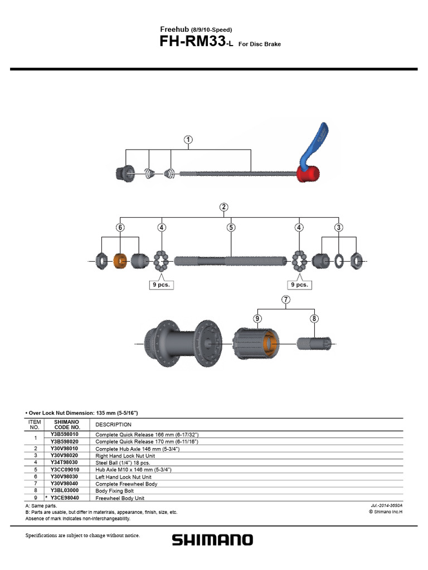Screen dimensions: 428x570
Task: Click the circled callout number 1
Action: pos(188,140)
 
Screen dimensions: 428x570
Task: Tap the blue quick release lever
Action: pos(314,145)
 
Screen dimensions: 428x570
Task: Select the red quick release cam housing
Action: pos(308,174)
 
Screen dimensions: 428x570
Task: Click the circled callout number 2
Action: pos(224,207)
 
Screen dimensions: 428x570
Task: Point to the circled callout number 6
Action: pos(120,228)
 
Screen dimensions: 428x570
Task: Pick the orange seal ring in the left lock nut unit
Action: pos(120,261)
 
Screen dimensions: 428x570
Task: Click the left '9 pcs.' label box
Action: pos(162,284)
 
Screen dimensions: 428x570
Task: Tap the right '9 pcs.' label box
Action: pos(299,284)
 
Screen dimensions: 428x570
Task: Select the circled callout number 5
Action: pos(231,228)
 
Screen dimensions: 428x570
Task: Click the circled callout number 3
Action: pos(339,228)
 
